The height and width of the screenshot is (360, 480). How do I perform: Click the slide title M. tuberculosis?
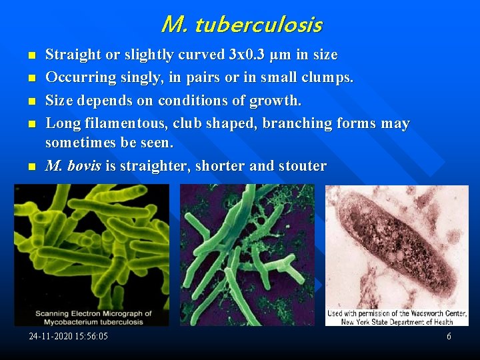coord(241,25)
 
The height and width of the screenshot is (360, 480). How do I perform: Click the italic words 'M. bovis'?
coord(73,166)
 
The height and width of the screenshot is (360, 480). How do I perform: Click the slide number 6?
coord(449,337)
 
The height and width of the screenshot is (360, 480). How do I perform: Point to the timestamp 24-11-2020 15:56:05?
coord(68,337)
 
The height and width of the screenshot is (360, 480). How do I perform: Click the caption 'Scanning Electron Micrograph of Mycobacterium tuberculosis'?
coord(93,317)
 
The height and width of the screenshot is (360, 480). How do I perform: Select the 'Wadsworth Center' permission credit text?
coord(397,317)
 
